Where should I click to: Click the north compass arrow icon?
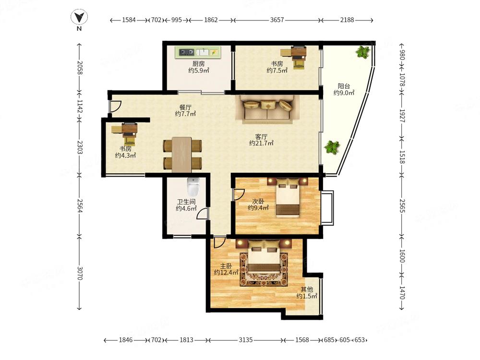coord(79,17)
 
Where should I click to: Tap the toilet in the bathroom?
coord(193,187)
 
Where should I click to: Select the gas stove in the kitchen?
coord(186,52)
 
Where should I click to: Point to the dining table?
coord(182,155)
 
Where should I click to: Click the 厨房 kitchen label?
coord(199,64)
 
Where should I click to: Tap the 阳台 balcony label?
coord(344,86)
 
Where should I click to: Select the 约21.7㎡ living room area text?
coord(261,143)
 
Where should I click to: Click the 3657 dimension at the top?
coord(277,20)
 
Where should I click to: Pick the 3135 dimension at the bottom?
coord(245,339)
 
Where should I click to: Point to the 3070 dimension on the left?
coord(80,273)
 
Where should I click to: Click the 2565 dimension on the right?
coord(402,206)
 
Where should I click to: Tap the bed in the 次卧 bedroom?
coord(288,198)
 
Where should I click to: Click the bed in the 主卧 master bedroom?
coord(264,259)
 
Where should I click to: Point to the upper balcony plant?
coord(363,52)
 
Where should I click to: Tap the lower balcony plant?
coord(332,147)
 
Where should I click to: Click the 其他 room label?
coord(307,289)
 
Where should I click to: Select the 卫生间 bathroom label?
coord(186,202)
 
